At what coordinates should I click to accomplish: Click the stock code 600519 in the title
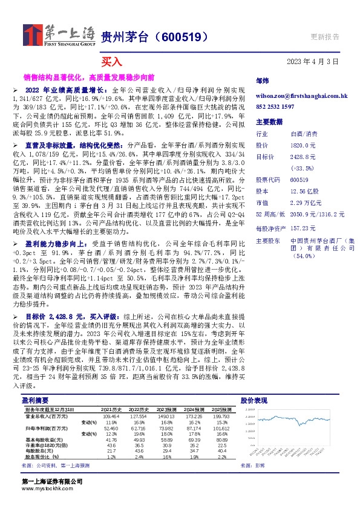click(x=179, y=36)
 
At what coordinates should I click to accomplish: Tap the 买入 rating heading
click(x=112, y=62)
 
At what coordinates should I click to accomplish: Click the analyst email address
click(x=301, y=96)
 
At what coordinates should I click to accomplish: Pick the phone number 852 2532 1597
click(x=275, y=106)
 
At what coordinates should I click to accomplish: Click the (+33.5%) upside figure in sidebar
click(x=303, y=168)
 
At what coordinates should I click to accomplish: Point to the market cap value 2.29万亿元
click(x=306, y=203)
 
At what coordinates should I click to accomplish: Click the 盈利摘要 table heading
click(x=35, y=400)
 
